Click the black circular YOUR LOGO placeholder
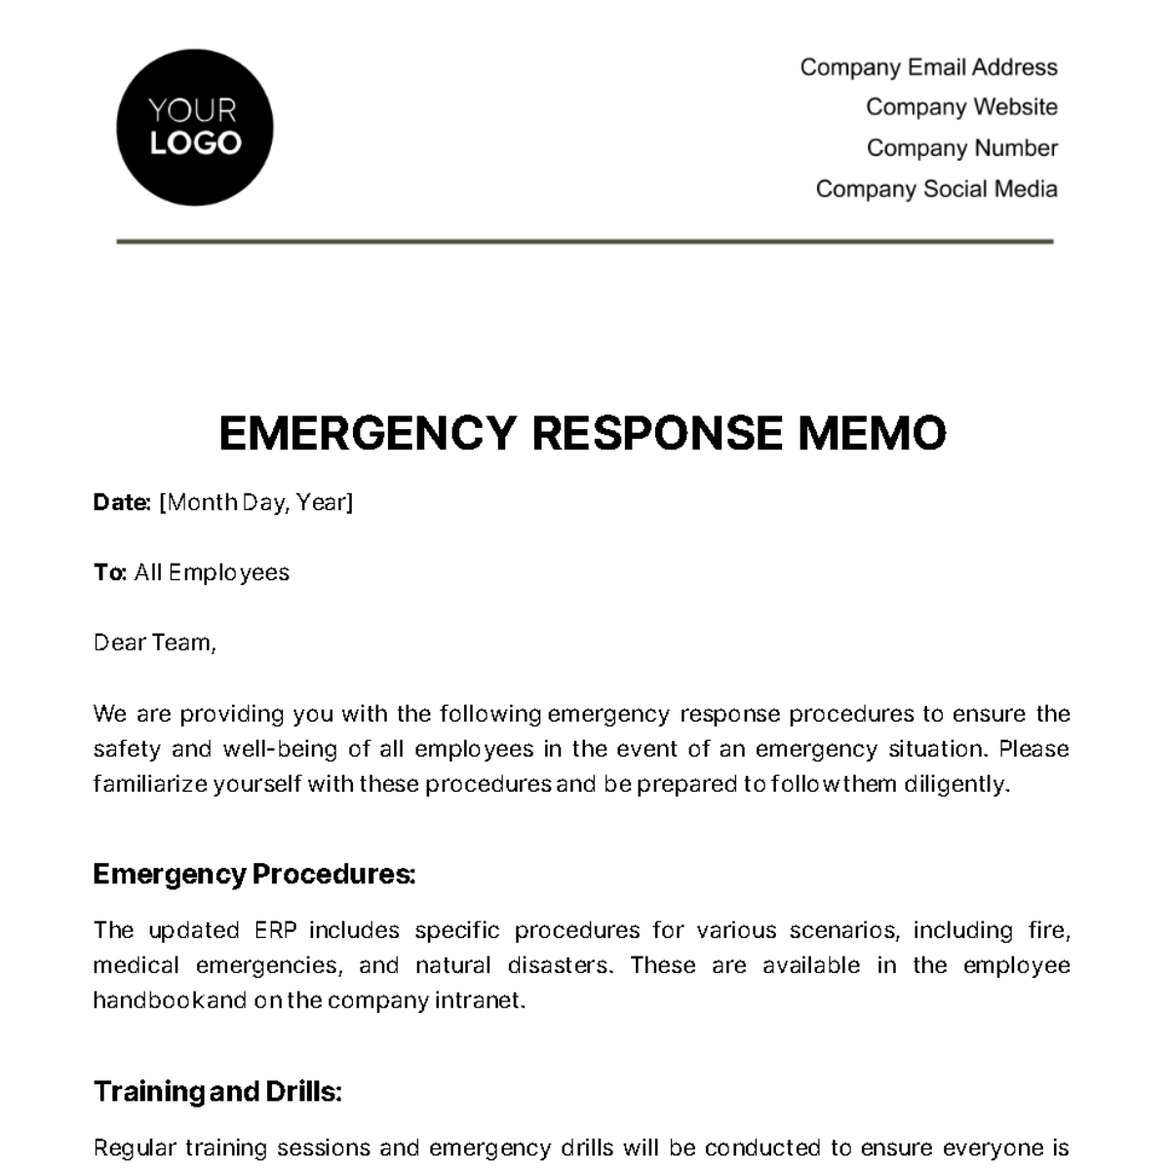click(x=194, y=128)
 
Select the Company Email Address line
click(x=928, y=67)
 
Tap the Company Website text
click(x=960, y=107)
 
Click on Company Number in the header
click(x=961, y=148)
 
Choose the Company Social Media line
click(x=936, y=189)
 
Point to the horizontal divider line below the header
click(x=585, y=241)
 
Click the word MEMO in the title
click(x=872, y=434)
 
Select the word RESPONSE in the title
click(x=657, y=434)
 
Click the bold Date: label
click(x=122, y=502)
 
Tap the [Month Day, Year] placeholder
click(x=255, y=502)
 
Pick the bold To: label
click(x=109, y=572)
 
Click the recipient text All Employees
click(x=212, y=572)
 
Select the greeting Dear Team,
click(x=154, y=643)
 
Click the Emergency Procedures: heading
click(x=253, y=874)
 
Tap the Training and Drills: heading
click(x=217, y=1091)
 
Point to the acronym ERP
click(x=280, y=930)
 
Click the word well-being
click(x=269, y=749)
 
